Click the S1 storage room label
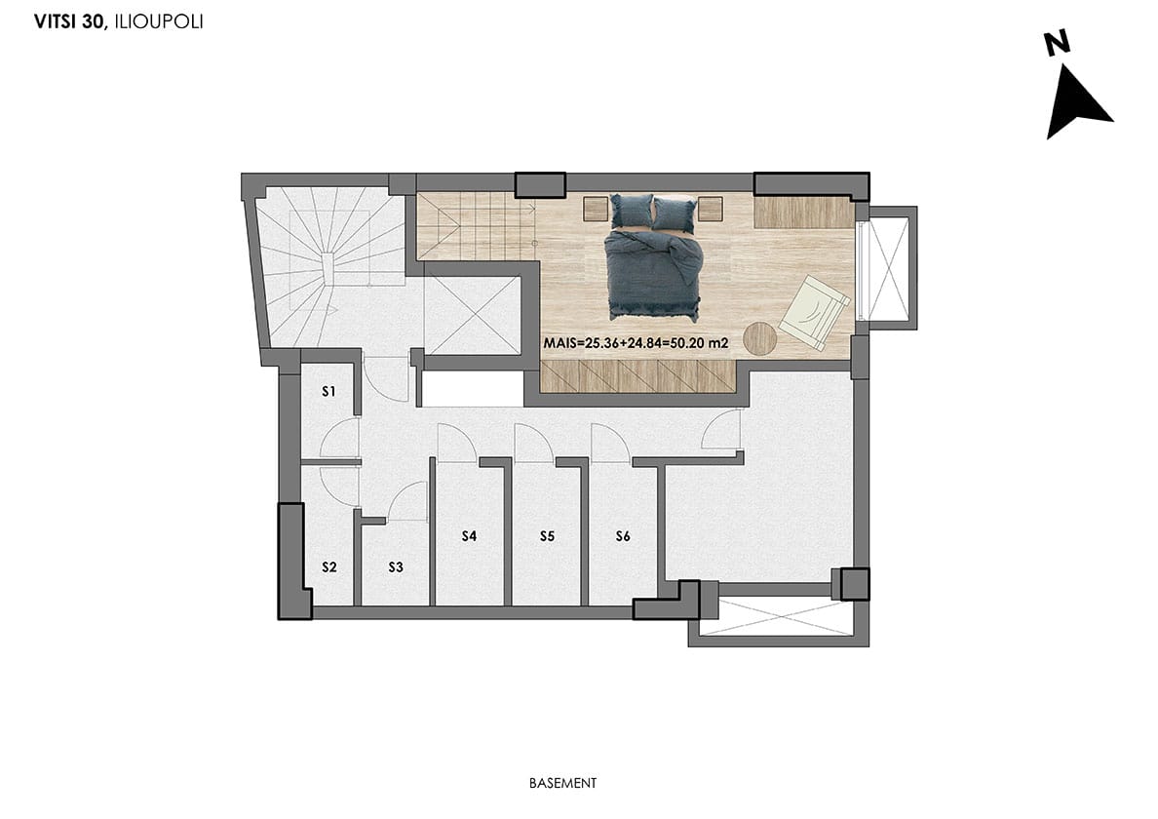328,391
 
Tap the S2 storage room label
329,567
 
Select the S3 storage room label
396,567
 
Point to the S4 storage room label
469,536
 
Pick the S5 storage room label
547,536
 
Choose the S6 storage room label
623,536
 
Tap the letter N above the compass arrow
1058,44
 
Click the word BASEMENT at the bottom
562,783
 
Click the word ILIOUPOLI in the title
159,22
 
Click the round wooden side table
760,339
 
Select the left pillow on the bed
632,212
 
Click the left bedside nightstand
596,209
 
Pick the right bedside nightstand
710,209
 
